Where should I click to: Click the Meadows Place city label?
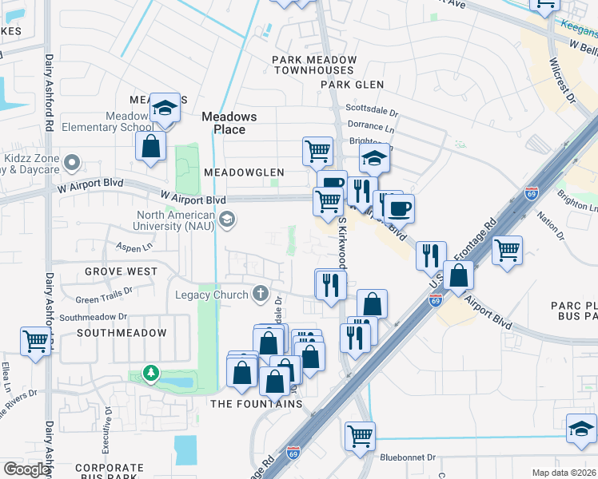click(229, 123)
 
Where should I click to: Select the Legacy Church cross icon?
click(260, 295)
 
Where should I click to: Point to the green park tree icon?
click(149, 372)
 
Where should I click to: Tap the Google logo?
click(26, 469)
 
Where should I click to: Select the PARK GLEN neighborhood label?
click(353, 85)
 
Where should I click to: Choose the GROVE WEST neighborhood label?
click(122, 271)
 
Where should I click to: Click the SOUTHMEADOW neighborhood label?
click(113, 333)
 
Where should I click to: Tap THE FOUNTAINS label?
click(256, 404)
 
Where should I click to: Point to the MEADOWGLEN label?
click(244, 172)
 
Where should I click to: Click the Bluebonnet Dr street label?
click(408, 458)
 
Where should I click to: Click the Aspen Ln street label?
click(112, 248)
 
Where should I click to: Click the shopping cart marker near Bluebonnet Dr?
click(361, 437)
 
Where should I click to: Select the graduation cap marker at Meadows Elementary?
click(165, 109)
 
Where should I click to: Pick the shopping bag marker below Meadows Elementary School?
click(150, 147)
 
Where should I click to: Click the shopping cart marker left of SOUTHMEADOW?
click(36, 342)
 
